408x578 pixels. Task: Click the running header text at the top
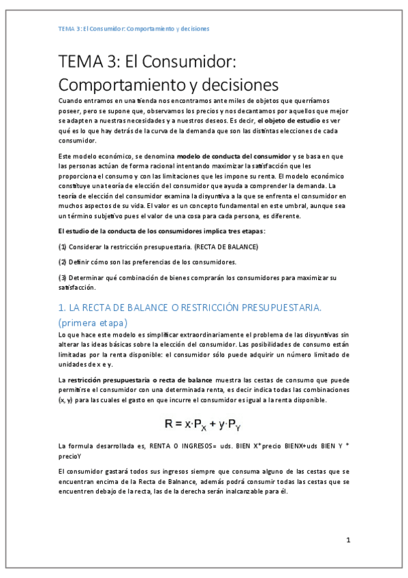coord(134,29)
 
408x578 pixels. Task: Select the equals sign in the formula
coord(181,424)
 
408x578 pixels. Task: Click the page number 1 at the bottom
coord(348,541)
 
